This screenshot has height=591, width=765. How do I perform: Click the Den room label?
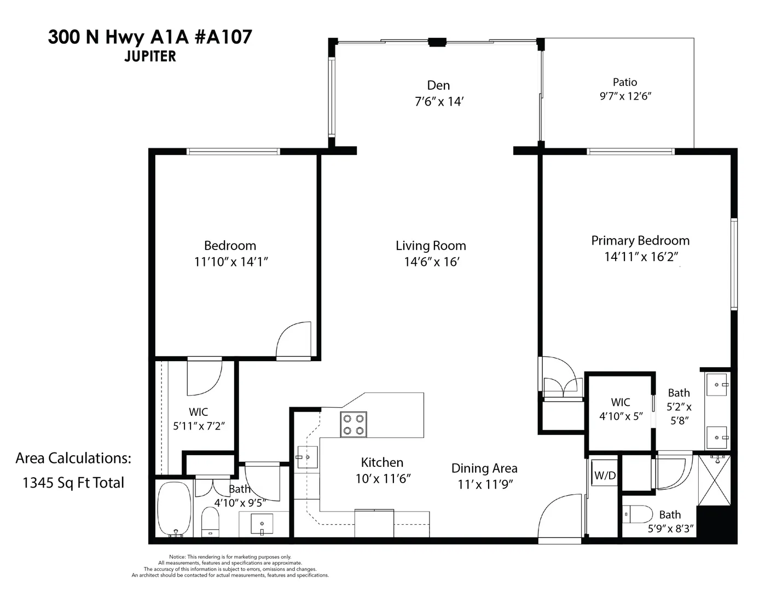pos(438,85)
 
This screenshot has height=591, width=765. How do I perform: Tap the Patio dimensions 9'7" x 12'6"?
pos(625,96)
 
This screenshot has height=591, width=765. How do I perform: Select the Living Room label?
pos(431,245)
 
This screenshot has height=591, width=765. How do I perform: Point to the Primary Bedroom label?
pos(640,240)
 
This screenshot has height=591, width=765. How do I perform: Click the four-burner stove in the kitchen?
pos(353,425)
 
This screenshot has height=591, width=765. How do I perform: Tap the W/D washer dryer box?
pos(605,476)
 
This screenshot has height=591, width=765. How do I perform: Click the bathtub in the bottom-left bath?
pos(174,508)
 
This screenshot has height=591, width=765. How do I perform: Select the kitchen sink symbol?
pos(307,457)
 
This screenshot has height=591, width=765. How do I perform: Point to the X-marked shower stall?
pos(714,480)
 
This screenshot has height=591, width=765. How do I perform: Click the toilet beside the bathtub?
pos(210,522)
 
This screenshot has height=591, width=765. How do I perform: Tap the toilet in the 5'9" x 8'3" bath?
pos(637,514)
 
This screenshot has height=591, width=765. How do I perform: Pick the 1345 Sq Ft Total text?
pos(73,483)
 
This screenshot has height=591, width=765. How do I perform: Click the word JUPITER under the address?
pos(150,56)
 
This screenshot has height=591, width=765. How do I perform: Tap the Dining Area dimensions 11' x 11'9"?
pos(485,485)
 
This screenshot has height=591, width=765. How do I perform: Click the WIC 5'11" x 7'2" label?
pos(199,419)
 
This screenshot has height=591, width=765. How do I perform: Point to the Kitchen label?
pos(382,462)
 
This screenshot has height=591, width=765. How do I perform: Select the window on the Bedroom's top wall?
pos(233,152)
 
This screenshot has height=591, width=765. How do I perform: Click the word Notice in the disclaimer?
pos(177,557)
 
